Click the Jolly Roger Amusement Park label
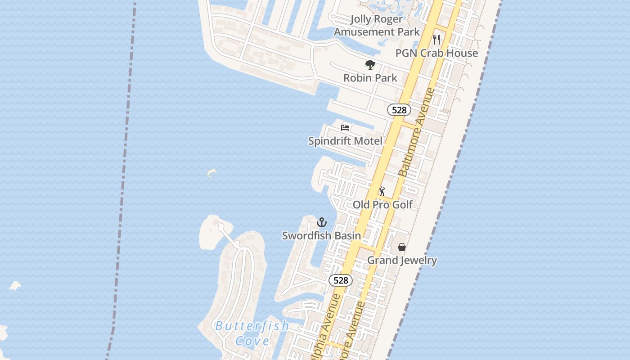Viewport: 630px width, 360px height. pyautogui.click(x=377, y=25)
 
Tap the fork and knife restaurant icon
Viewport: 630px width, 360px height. pyautogui.click(x=436, y=40)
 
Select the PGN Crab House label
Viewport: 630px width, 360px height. pyautogui.click(x=436, y=53)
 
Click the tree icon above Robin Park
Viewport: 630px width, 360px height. pyautogui.click(x=370, y=65)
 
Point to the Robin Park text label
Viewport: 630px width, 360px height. pyautogui.click(x=370, y=78)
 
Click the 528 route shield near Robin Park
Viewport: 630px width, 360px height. pyautogui.click(x=399, y=110)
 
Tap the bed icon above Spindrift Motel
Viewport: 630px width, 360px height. pyautogui.click(x=345, y=128)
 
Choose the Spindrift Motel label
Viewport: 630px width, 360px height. pyautogui.click(x=345, y=141)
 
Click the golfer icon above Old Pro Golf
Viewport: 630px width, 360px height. pyautogui.click(x=382, y=191)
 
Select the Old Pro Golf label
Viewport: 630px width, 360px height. pyautogui.click(x=382, y=205)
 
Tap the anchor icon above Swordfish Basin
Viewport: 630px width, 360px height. pyautogui.click(x=321, y=222)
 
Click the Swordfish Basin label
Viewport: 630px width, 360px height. pyautogui.click(x=321, y=235)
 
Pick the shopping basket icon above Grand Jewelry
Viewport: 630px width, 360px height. pyautogui.click(x=402, y=247)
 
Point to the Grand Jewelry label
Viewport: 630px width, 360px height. pyautogui.click(x=402, y=260)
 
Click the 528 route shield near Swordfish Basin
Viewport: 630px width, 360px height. pyautogui.click(x=341, y=280)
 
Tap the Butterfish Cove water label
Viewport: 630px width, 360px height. pyautogui.click(x=252, y=333)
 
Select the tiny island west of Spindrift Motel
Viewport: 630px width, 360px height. pyautogui.click(x=211, y=172)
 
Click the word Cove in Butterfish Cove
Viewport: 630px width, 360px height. pyautogui.click(x=252, y=341)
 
